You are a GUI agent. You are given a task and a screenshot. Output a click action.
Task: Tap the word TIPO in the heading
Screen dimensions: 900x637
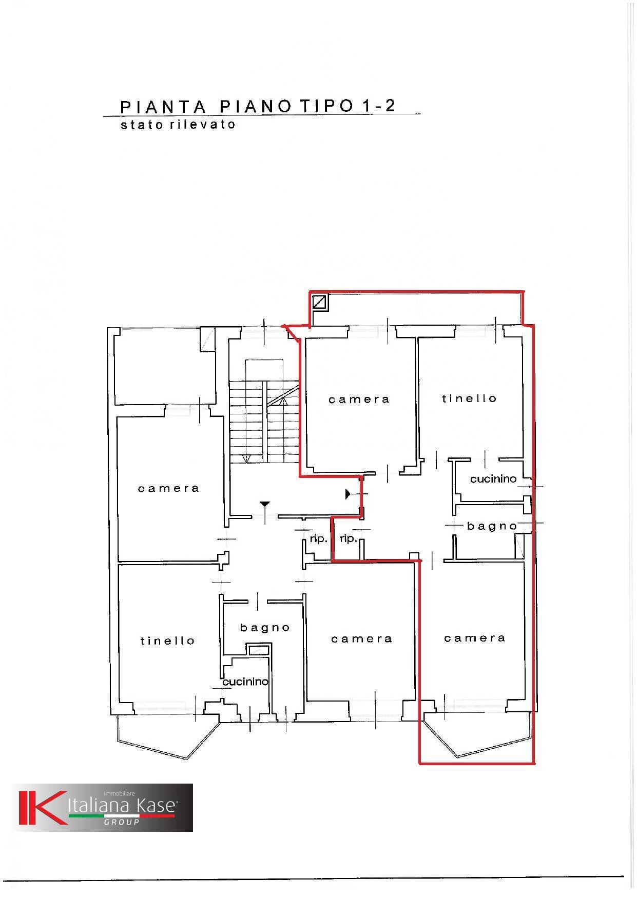coord(326,106)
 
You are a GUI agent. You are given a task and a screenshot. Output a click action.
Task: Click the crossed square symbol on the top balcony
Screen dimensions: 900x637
coord(320,302)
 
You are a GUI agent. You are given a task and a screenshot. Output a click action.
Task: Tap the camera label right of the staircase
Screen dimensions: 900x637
coord(359,399)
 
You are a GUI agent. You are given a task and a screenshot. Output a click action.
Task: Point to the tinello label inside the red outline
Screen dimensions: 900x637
coord(469,398)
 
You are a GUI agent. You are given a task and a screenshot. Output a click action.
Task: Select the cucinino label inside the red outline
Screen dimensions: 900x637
coord(493,479)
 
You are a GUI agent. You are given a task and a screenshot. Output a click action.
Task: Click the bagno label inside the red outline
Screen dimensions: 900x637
coord(492,526)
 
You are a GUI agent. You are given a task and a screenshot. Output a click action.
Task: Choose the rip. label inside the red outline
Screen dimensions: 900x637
coord(348,539)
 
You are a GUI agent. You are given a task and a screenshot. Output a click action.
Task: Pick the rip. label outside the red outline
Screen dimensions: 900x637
coord(318,539)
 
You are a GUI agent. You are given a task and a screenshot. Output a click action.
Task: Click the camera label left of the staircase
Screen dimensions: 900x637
coord(168,489)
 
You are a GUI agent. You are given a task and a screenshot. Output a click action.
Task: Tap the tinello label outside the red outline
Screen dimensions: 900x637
coord(167,641)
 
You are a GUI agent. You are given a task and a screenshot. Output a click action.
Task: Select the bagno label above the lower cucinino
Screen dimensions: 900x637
coord(265,628)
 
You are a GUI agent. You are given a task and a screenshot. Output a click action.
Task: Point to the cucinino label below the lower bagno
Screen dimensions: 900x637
coord(245,682)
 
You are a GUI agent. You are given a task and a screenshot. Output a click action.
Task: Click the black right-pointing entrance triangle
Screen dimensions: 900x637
coord(348,494)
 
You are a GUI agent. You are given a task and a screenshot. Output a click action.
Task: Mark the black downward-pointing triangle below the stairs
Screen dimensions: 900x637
coord(264,505)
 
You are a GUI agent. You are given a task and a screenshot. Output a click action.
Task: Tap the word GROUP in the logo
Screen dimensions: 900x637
coord(122,822)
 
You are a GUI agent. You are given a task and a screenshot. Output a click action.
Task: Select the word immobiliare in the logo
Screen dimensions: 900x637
coord(119,794)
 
